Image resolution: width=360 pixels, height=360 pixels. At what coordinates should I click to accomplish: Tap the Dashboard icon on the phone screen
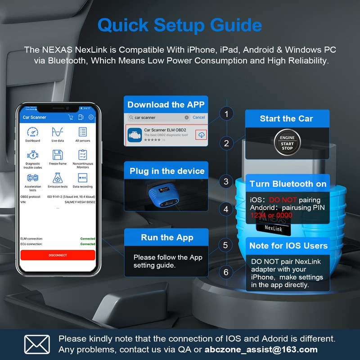(32, 132)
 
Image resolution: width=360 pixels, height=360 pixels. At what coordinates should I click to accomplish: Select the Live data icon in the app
(57, 132)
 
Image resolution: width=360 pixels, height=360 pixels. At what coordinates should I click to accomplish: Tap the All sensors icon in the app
(82, 132)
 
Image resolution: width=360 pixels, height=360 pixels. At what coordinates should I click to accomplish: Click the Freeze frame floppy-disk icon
(57, 155)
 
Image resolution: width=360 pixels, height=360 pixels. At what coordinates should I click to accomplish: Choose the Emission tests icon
(57, 177)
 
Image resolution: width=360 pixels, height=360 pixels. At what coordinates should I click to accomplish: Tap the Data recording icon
(82, 177)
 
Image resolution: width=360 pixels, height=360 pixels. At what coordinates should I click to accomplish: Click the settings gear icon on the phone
(91, 117)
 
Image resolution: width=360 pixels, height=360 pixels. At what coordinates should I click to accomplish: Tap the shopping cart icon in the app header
(70, 117)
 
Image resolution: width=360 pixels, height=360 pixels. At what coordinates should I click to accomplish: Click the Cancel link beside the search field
(198, 117)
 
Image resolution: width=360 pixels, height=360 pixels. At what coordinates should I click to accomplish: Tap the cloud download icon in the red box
(201, 135)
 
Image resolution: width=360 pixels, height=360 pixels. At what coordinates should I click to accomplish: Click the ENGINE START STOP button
(287, 143)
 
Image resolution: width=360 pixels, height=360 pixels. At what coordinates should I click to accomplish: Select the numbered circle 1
(226, 114)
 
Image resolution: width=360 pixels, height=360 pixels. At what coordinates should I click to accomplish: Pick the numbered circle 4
(226, 209)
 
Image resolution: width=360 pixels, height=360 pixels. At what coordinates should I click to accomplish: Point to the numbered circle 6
(226, 272)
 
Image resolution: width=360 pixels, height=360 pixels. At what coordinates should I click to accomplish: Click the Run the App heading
(167, 238)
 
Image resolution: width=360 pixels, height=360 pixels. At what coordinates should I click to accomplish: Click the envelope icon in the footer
(37, 344)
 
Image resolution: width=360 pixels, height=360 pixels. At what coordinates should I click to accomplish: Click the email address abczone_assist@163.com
(261, 349)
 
